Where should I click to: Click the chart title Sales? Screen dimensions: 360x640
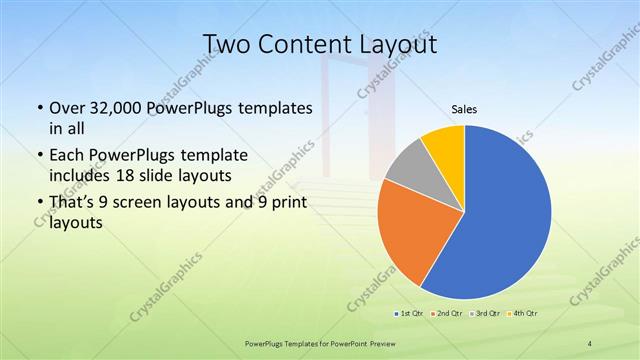tap(464, 109)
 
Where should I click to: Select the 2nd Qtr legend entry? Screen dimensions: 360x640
tap(447, 313)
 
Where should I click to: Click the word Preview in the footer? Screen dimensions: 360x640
tap(381, 343)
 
